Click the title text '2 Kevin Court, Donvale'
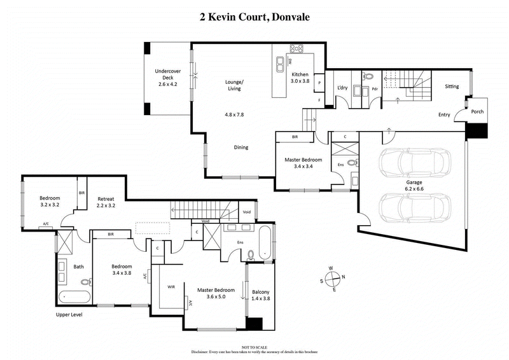254,17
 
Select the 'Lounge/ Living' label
235,85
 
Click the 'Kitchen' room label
300,74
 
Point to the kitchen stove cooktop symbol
296,48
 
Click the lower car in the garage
415,206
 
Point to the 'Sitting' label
452,86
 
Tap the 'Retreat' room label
106,198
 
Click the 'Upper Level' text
71,314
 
